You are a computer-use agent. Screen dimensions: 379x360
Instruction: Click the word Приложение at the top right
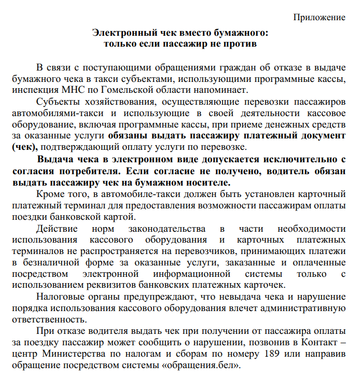click(320, 18)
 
